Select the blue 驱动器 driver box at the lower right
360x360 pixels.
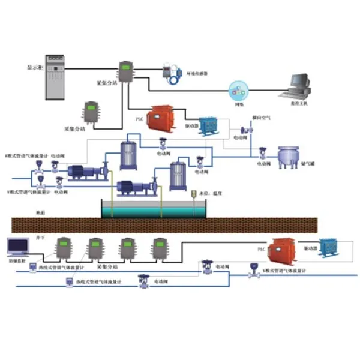[x=327, y=248]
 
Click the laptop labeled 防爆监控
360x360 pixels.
[x=17, y=247]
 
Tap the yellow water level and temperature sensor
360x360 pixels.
[x=193, y=194]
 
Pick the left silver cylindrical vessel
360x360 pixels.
[x=128, y=154]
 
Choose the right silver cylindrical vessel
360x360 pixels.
[x=177, y=175]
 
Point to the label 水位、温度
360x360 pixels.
[x=210, y=193]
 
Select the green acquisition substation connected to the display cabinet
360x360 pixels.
[x=126, y=71]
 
